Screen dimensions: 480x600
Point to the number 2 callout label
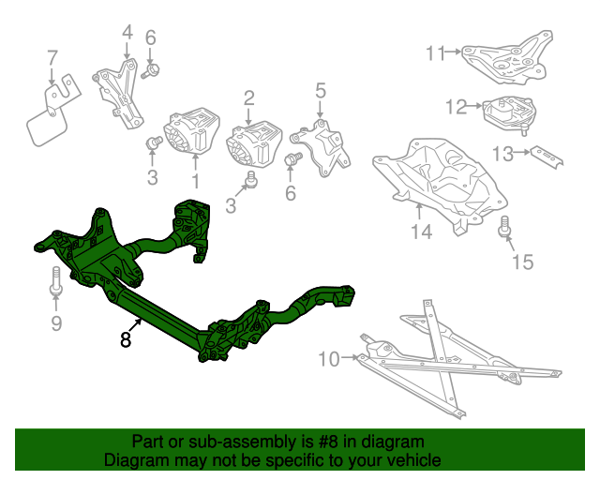249,97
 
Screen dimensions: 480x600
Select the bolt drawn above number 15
504,225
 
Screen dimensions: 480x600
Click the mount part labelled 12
506,112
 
